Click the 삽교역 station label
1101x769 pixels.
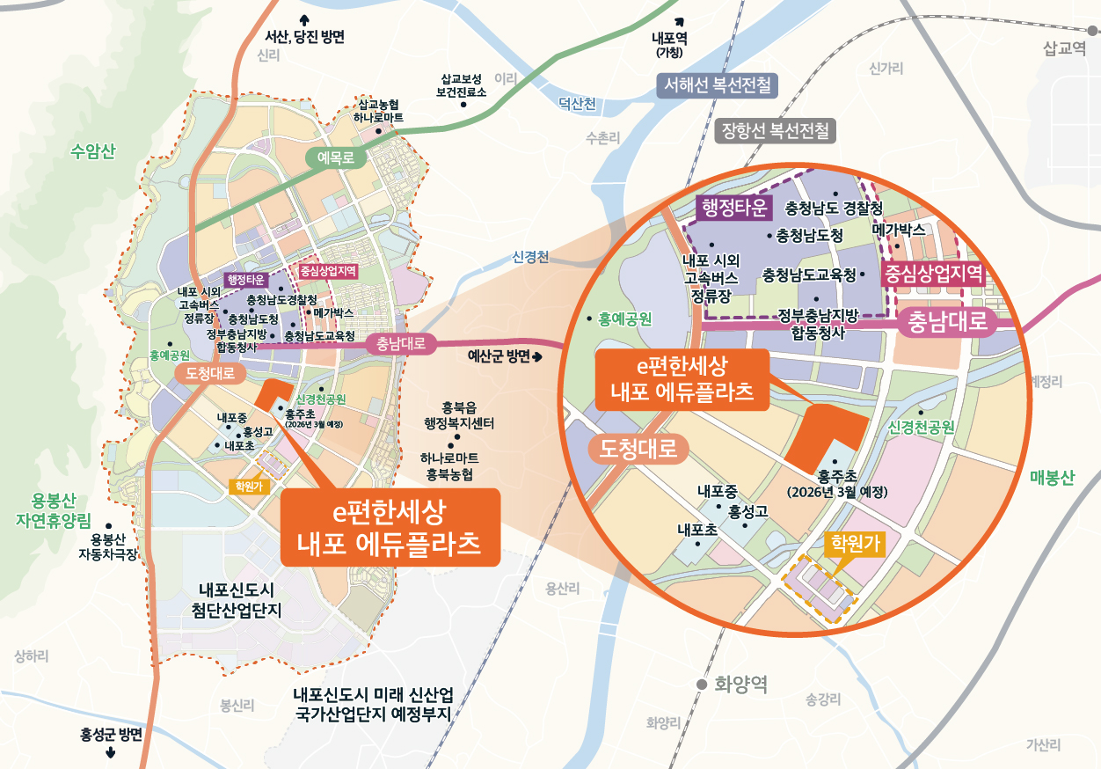pos(1063,49)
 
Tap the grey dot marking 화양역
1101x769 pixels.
pos(702,685)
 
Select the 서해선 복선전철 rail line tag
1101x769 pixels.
pos(718,85)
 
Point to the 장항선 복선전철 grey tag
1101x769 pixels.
pos(775,132)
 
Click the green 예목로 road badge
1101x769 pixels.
pos(335,158)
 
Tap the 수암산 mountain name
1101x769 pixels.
pos(93,151)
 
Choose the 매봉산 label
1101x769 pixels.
pos(1052,478)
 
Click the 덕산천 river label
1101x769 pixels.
pos(577,105)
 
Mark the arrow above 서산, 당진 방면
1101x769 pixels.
pos(305,19)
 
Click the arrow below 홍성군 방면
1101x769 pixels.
pos(110,752)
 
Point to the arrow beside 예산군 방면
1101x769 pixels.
pos(538,356)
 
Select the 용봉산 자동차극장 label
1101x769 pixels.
pos(109,546)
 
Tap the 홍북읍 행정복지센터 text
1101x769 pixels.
pos(458,414)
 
